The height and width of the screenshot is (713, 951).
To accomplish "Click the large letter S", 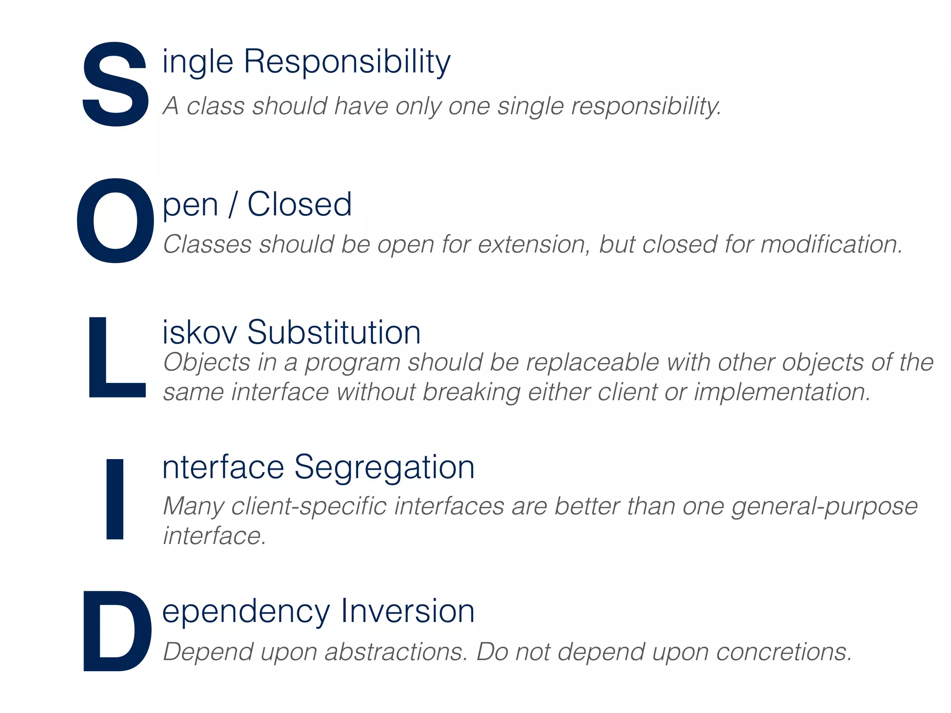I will (x=116, y=84).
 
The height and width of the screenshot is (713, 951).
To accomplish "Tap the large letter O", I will (x=115, y=220).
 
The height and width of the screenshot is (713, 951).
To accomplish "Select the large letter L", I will (x=116, y=357).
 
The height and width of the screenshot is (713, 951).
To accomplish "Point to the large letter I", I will (x=115, y=499).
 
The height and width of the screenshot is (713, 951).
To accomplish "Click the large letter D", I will (x=117, y=631).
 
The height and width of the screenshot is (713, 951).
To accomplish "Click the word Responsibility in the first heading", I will (x=347, y=62).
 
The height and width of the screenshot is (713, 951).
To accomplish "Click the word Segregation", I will (x=384, y=467).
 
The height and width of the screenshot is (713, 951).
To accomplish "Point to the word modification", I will (x=832, y=245).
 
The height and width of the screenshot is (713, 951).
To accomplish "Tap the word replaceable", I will (x=593, y=363).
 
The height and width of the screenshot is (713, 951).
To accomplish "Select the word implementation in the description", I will (x=782, y=392).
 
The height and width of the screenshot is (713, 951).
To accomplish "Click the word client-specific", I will (x=309, y=506).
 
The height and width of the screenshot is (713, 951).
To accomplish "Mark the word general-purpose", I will (x=825, y=506).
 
